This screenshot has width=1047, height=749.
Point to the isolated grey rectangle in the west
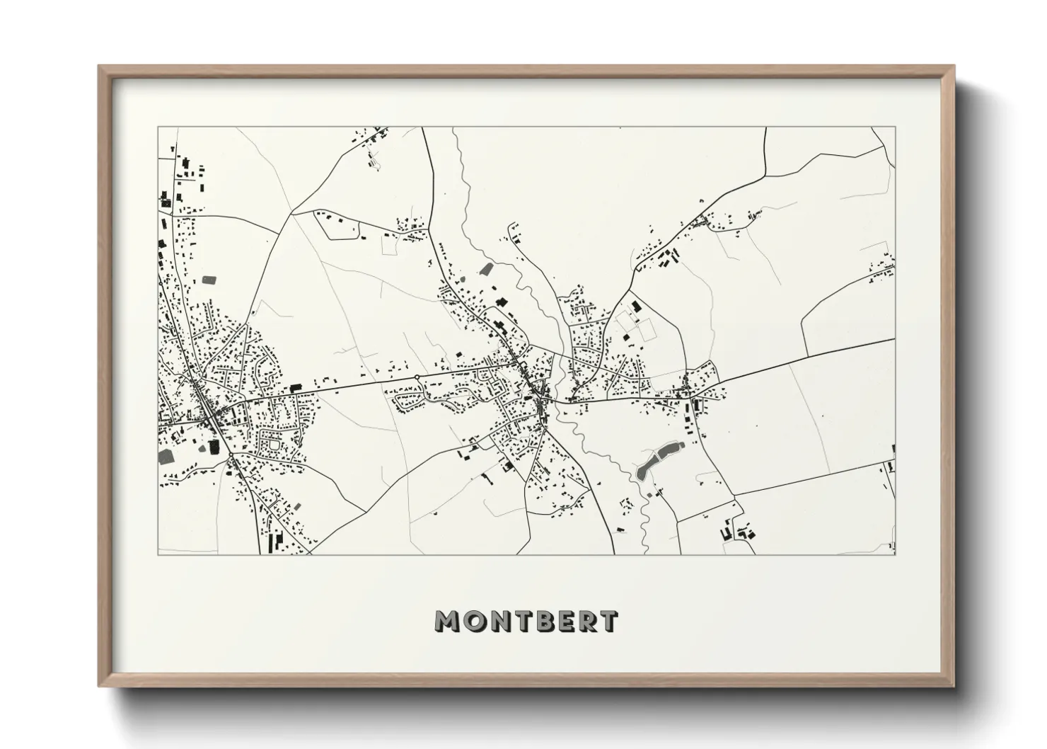[x=209, y=280]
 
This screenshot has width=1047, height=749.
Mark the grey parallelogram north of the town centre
[x=485, y=268]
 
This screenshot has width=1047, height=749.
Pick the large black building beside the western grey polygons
[x=214, y=446]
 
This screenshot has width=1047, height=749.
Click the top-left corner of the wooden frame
[x=99, y=67]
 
